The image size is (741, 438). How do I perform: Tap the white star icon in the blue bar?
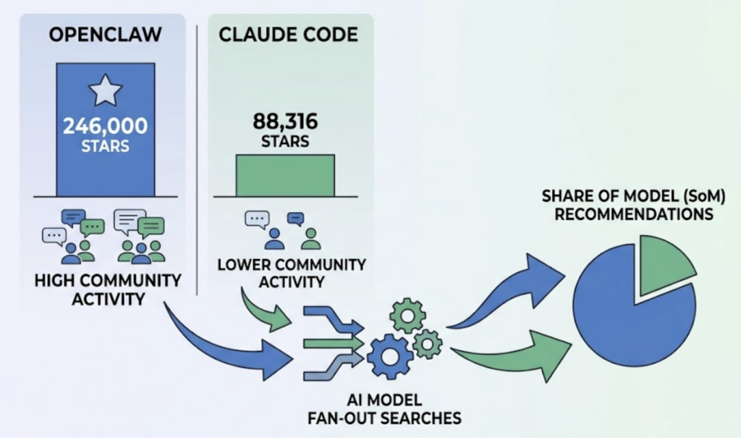[x=106, y=93]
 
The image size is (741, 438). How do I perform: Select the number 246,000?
[x=106, y=126]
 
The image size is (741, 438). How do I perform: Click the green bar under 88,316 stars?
[x=285, y=175]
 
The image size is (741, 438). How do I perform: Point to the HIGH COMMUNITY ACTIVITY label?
[x=108, y=289]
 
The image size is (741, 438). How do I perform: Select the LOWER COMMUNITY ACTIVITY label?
[x=292, y=272]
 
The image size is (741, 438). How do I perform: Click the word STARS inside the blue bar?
[x=106, y=146]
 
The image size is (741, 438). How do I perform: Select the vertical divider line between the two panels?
[x=198, y=159]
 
